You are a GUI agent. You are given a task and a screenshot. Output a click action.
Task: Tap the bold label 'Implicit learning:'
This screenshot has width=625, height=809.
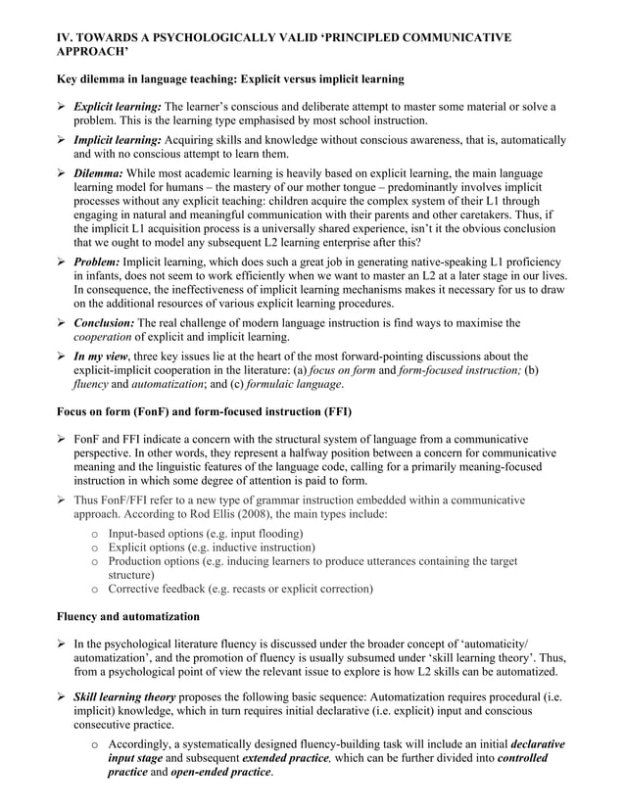point(117,140)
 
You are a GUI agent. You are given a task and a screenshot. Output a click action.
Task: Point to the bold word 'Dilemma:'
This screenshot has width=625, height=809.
point(99,173)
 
